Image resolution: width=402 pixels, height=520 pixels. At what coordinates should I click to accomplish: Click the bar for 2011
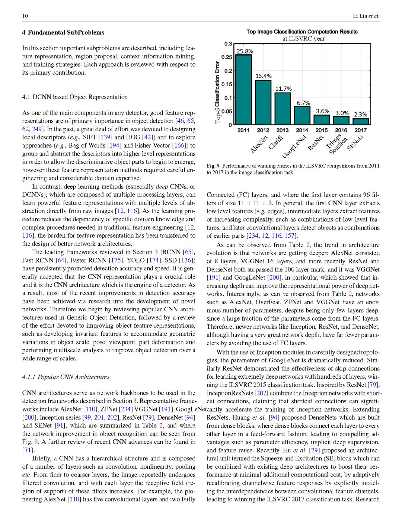pyautogui.click(x=243, y=90)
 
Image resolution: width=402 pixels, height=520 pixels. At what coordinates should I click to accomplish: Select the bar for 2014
pyautogui.click(x=302, y=116)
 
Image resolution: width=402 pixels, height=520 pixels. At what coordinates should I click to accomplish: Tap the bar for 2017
pyautogui.click(x=361, y=122)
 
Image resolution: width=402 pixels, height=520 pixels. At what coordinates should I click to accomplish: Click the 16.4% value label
pyautogui.click(x=263, y=76)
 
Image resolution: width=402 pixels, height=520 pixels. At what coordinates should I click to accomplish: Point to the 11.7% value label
pyautogui.click(x=283, y=89)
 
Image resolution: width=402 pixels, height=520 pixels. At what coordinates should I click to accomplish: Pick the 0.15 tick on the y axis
pyautogui.click(x=227, y=84)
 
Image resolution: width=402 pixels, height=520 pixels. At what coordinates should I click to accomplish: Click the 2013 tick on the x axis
pyautogui.click(x=283, y=130)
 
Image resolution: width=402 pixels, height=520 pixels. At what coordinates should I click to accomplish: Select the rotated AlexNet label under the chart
pyautogui.click(x=259, y=144)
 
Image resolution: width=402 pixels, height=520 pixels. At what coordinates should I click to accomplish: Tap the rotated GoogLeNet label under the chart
pyautogui.click(x=294, y=147)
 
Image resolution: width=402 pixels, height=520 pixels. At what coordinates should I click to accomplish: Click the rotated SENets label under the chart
pyautogui.click(x=355, y=143)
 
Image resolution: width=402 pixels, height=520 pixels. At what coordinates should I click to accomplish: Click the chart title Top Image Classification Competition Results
pyautogui.click(x=302, y=32)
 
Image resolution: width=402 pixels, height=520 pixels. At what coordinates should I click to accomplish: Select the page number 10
pyautogui.click(x=25, y=16)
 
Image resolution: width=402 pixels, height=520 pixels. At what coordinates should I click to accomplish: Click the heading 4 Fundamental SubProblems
pyautogui.click(x=63, y=32)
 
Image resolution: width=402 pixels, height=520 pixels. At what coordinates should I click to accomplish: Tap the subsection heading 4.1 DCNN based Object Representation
pyautogui.click(x=75, y=97)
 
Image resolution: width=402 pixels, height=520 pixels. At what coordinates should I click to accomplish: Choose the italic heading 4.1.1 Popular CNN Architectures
pyautogui.click(x=66, y=377)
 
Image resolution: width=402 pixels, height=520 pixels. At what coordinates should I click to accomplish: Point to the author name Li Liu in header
pyautogui.click(x=360, y=16)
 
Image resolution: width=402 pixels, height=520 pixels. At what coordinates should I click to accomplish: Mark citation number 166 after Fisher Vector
pyautogui.click(x=179, y=145)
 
